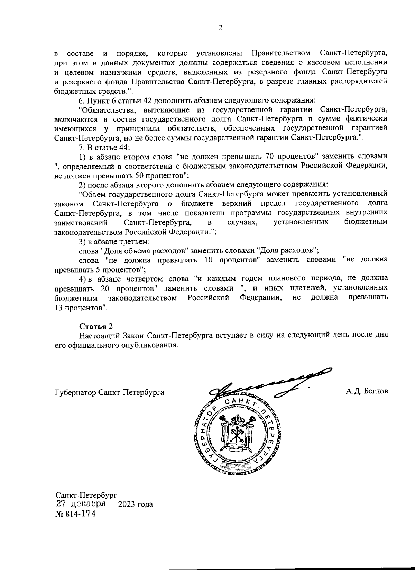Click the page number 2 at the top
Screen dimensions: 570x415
coord(220,28)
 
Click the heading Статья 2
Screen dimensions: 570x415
coord(96,326)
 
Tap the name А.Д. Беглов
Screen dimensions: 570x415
coord(367,391)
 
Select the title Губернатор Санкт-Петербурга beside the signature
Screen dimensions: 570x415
coord(109,392)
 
